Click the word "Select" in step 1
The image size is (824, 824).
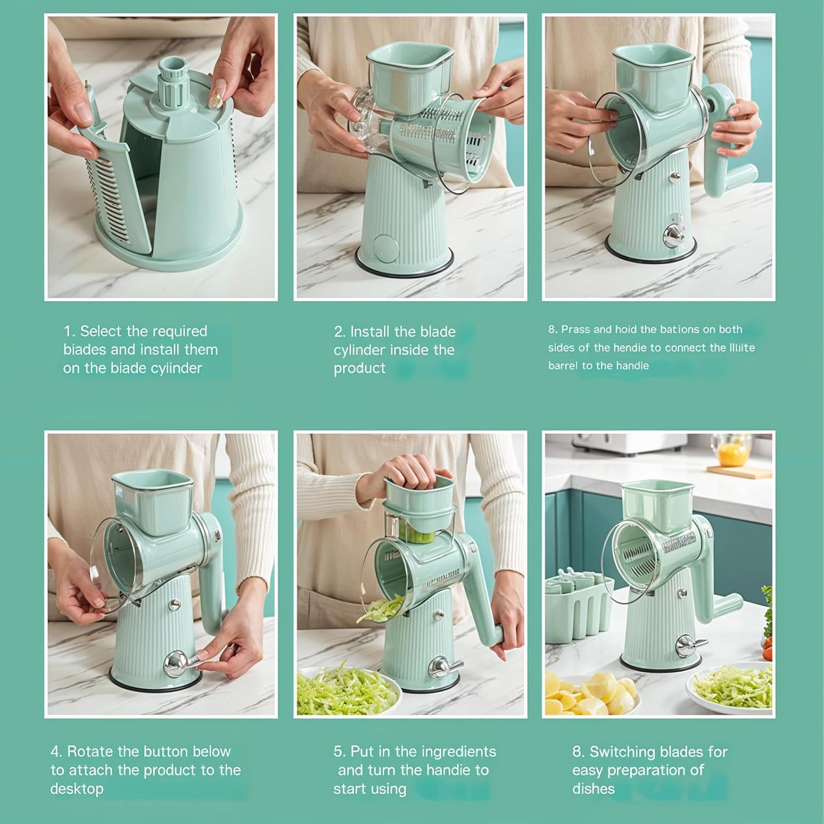click(x=101, y=331)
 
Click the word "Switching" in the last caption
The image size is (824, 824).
click(x=623, y=751)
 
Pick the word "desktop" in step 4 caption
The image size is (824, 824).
click(x=77, y=789)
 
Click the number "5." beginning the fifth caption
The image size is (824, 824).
click(x=339, y=751)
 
